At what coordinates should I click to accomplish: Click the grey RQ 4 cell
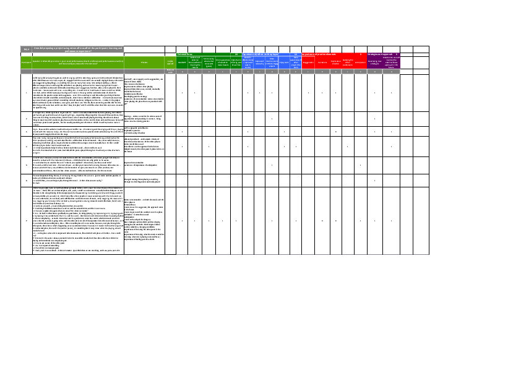click(x=26, y=49)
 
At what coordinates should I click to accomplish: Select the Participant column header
click(x=26, y=62)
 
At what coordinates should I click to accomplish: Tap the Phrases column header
click(x=144, y=62)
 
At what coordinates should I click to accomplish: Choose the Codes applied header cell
click(x=170, y=62)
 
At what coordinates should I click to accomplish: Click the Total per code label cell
click(x=170, y=72)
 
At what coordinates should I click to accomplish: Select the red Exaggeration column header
click(x=308, y=62)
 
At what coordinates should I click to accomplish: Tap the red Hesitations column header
click(x=322, y=62)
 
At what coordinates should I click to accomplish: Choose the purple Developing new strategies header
click(x=375, y=62)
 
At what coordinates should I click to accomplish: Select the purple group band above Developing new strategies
click(x=384, y=54)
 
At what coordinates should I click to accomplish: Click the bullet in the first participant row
click(x=26, y=93)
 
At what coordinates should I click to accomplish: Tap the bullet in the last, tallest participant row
click(x=26, y=220)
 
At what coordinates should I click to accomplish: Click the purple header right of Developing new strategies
click(x=392, y=62)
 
